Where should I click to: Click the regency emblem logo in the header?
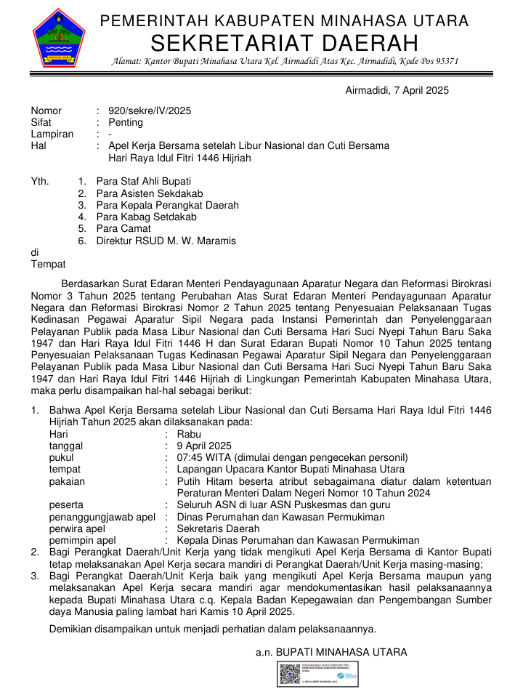coord(59,37)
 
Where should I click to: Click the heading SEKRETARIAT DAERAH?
coord(285,42)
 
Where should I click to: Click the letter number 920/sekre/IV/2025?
coord(150,110)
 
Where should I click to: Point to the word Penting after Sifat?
coord(126,122)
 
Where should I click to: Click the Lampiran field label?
coord(52,134)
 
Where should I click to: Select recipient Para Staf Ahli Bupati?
coord(144,181)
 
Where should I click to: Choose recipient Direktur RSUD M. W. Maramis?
coord(166,241)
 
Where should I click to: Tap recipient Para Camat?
coord(123,229)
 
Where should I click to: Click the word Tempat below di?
coord(48,265)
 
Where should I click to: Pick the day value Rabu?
coord(189,434)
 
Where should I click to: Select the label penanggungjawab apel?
coord(102,517)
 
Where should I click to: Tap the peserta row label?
coord(66,504)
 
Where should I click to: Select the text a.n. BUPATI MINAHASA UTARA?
coord(331,652)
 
